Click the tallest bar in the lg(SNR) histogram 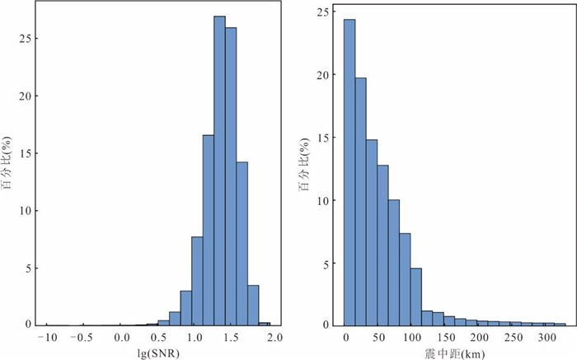click(219, 173)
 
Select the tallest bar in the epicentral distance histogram click(349, 173)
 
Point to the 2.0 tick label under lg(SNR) click(274, 338)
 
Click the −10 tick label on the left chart click(48, 338)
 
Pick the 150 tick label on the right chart click(445, 338)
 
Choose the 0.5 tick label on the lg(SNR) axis click(159, 338)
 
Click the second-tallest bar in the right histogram click(360, 202)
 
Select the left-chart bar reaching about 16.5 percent click(209, 231)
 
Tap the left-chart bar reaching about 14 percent click(242, 243)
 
